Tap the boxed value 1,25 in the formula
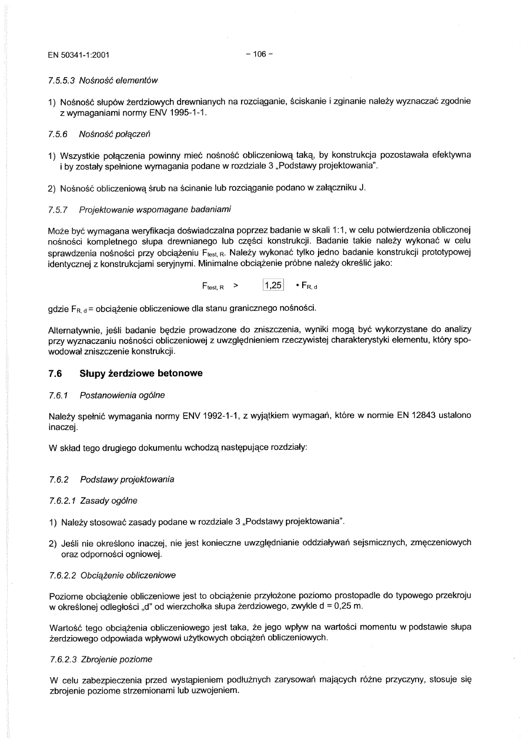(273, 286)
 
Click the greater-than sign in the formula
(235, 286)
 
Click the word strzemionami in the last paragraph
(145, 691)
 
